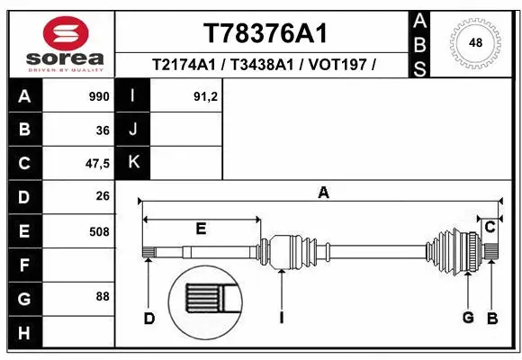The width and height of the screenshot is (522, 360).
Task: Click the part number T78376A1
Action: (265, 33)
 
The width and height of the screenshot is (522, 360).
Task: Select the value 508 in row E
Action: (98, 230)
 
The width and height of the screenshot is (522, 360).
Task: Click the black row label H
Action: (23, 333)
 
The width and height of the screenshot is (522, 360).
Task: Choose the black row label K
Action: (133, 163)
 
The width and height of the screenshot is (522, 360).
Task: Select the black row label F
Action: (23, 265)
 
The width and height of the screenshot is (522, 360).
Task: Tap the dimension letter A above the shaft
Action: (323, 192)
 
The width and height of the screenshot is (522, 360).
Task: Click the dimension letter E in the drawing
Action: (201, 229)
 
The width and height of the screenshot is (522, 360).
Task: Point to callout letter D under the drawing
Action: (149, 318)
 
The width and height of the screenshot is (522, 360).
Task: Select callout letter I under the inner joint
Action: (282, 318)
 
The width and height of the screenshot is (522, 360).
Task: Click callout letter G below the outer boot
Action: (468, 318)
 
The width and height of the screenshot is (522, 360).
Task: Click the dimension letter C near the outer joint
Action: (490, 228)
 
